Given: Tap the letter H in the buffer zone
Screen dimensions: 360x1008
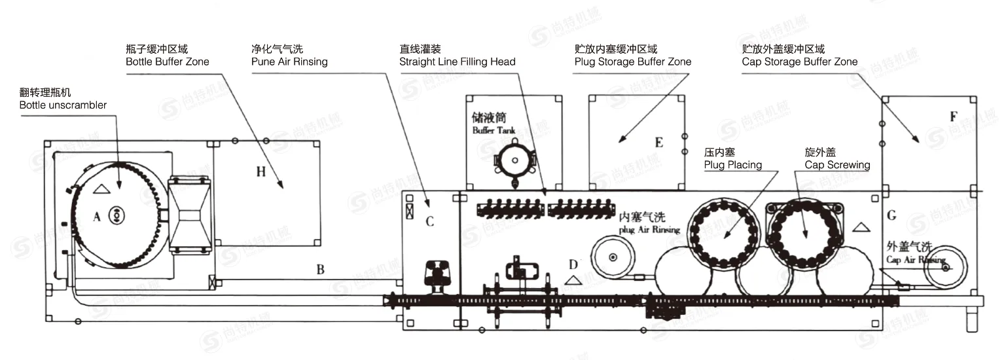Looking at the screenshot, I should point(261,171).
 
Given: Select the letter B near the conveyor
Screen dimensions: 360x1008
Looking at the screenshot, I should point(320,268).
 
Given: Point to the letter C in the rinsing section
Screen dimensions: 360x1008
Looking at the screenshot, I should point(430,221).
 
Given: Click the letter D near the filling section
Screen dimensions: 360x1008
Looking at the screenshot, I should point(573,264).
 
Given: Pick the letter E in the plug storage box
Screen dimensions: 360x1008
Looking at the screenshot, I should point(658,143).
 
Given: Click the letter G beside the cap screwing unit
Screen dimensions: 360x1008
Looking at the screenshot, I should point(891,215).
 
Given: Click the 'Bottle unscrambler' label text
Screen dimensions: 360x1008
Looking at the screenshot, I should point(63,105).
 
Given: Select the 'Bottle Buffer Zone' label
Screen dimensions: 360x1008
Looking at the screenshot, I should point(168,62).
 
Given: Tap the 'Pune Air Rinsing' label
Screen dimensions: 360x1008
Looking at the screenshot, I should point(289,62).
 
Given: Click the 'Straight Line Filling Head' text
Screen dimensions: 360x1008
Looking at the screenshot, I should point(458,62).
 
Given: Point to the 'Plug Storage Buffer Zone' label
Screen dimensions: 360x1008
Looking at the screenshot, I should point(633,62).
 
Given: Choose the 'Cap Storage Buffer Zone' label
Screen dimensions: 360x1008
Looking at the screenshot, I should point(800,62).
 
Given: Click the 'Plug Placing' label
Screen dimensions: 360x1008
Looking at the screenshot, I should point(733,165).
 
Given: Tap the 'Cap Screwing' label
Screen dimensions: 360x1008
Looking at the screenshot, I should point(837,165).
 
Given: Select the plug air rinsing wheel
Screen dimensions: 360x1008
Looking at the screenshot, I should point(612,257).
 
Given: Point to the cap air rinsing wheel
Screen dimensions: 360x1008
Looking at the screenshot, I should point(945,266).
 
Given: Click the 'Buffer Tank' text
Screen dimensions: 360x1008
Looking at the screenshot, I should point(494,130).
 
